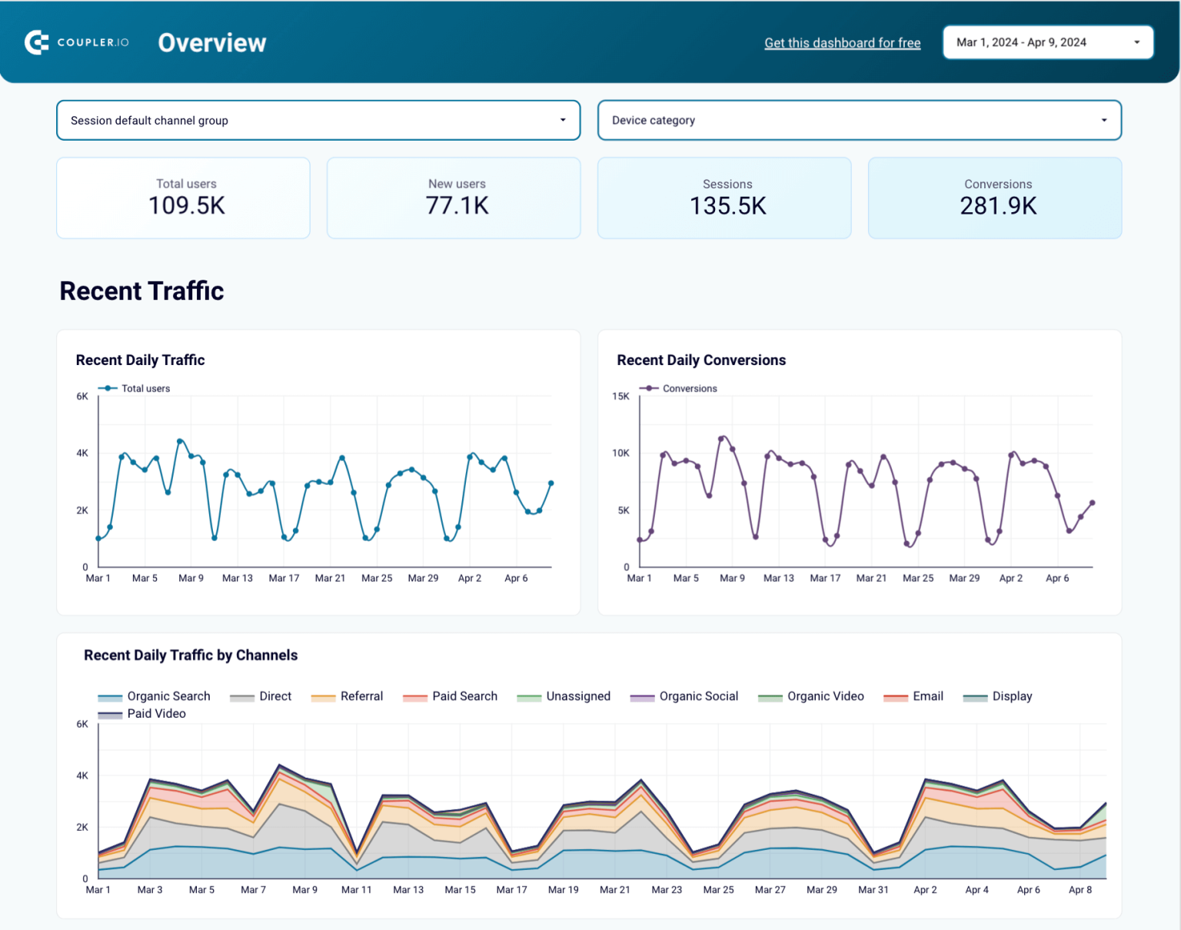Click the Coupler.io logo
point(77,42)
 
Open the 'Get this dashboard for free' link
point(842,43)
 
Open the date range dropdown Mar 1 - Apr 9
point(1047,42)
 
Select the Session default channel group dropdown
point(318,121)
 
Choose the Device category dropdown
point(859,121)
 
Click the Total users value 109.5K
point(186,206)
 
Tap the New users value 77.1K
point(457,206)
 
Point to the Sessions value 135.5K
point(727,206)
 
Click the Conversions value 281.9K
point(998,206)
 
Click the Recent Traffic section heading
point(141,291)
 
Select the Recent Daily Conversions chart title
point(700,360)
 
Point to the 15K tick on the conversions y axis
point(620,397)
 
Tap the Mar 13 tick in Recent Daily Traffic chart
point(237,578)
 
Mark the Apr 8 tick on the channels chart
point(1080,890)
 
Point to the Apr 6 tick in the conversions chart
point(1056,578)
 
